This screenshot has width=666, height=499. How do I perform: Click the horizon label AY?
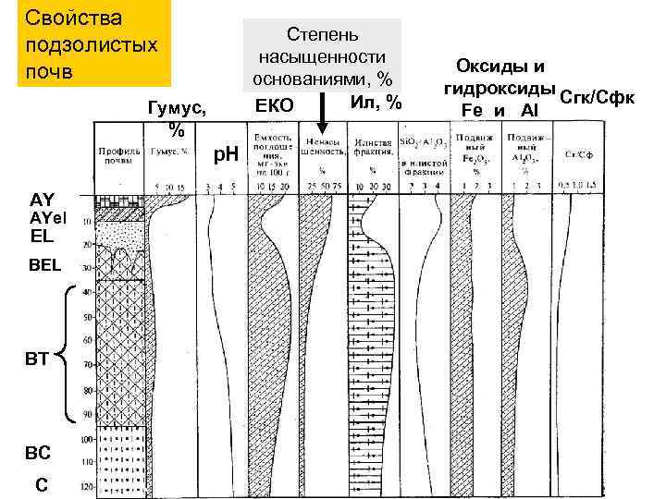[43, 200]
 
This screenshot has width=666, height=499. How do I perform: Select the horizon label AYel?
[49, 217]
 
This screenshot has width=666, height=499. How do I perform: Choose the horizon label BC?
[39, 453]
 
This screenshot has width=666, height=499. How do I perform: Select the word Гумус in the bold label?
[172, 108]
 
